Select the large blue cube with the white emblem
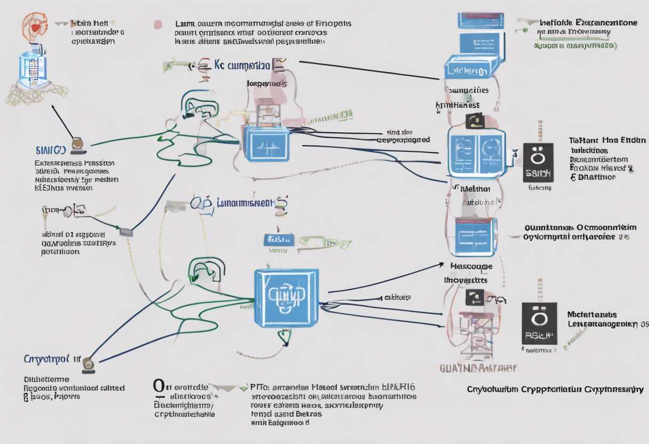click(287, 298)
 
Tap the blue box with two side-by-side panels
click(477, 153)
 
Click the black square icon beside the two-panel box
click(538, 162)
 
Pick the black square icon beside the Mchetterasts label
click(539, 323)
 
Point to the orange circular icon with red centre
click(35, 27)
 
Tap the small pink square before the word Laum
click(157, 24)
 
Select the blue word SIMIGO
click(51, 150)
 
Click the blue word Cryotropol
click(46, 358)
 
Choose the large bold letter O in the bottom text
click(159, 385)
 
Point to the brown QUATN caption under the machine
click(478, 368)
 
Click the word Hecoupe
click(471, 266)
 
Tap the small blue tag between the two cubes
click(279, 240)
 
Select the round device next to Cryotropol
click(88, 366)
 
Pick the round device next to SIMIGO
click(78, 144)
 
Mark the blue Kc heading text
click(241, 66)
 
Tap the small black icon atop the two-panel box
click(474, 121)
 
